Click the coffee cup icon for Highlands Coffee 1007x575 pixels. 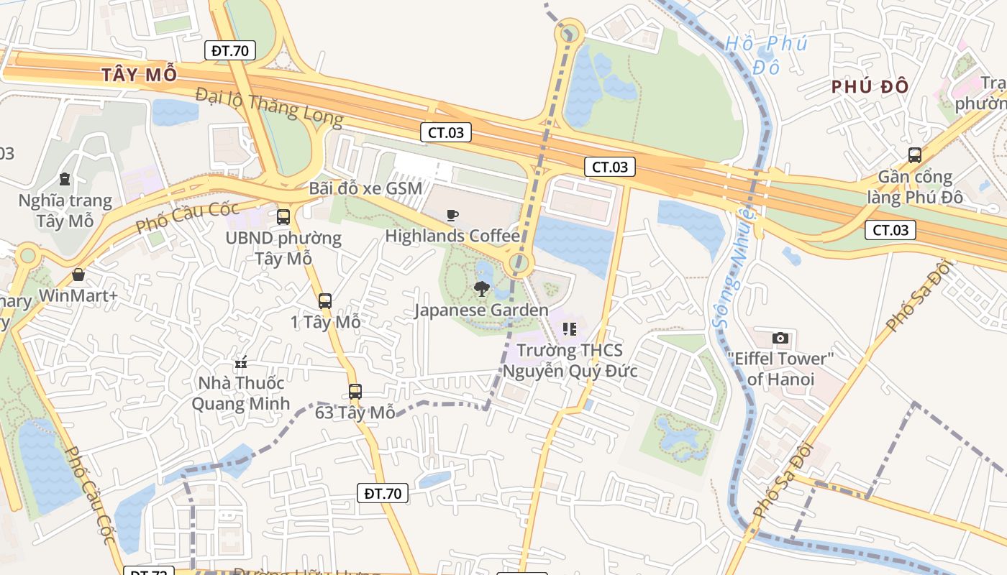tap(452, 215)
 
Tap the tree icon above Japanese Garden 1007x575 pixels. tap(481, 289)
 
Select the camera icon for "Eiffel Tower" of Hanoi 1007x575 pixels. tap(780, 338)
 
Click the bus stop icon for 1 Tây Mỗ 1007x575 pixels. tap(325, 301)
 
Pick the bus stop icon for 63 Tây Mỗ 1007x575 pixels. tap(355, 392)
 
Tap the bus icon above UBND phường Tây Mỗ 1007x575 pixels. tap(283, 216)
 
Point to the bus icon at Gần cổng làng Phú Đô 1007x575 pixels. tap(914, 155)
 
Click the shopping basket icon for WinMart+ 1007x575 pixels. tap(78, 275)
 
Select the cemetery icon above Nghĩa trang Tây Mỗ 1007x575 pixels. tap(65, 179)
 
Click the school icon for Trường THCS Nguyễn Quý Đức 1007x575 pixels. tap(570, 329)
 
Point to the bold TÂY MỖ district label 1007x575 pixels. tap(139, 75)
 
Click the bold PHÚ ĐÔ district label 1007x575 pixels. tap(870, 87)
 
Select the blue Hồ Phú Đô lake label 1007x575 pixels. tap(766, 55)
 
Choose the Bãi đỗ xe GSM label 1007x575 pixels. tap(365, 188)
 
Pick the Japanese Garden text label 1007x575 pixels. tap(481, 310)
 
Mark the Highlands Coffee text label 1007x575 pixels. tap(452, 236)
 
